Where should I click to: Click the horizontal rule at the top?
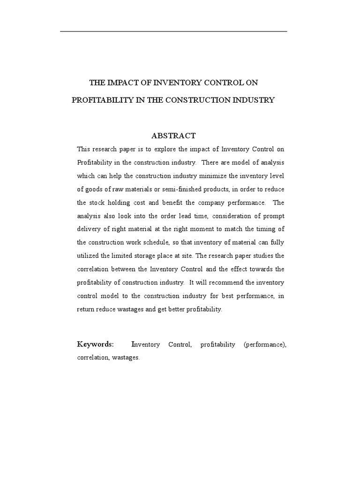click(173, 31)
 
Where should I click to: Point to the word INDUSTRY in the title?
click(255, 100)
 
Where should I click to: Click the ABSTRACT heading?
click(173, 136)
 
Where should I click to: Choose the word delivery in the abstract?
click(87, 230)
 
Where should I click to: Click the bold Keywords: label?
click(95, 345)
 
